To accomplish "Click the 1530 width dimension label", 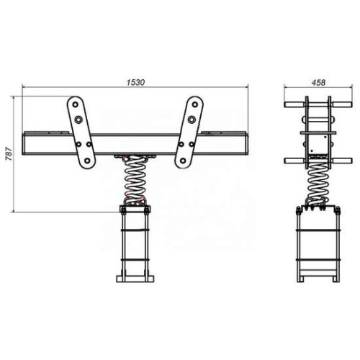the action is (x=135, y=82).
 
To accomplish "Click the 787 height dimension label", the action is (x=9, y=154).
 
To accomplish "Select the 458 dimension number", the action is (x=318, y=82).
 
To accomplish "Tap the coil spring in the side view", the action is (x=316, y=182).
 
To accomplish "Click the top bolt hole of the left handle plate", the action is (x=76, y=104).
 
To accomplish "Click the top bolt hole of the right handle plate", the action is (x=194, y=104).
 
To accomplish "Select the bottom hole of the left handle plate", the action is (x=87, y=161).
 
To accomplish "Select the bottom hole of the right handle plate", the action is (x=183, y=161).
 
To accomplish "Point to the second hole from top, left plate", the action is (x=78, y=119).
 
